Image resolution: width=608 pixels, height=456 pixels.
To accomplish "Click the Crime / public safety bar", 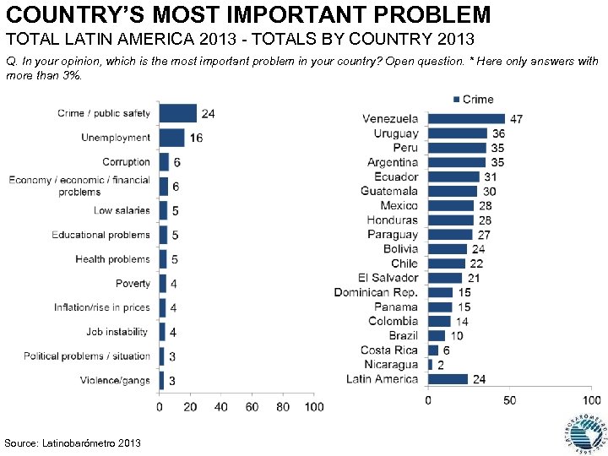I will click(178, 113).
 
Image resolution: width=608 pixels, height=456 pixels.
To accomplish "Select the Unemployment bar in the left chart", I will click(172, 138).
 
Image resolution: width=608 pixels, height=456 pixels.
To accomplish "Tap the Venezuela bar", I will click(466, 119).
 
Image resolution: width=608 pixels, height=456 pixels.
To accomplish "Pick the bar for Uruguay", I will click(458, 133).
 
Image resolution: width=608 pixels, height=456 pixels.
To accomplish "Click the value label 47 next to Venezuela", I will click(516, 119).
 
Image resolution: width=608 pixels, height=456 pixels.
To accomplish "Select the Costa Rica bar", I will click(434, 350).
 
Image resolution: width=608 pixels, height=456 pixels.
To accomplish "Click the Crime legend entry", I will click(474, 100).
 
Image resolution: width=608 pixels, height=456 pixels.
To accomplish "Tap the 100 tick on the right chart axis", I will click(589, 399).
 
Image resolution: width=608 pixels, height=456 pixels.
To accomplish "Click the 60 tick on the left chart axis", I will click(252, 408).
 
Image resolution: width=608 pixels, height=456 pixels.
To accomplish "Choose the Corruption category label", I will click(126, 162).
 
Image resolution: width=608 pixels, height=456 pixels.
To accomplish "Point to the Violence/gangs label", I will click(115, 381).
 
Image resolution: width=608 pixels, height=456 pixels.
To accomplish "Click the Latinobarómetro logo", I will click(584, 432).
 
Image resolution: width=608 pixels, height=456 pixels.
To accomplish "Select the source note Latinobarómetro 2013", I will click(73, 443).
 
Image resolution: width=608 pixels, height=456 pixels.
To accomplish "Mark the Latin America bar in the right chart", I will click(448, 379).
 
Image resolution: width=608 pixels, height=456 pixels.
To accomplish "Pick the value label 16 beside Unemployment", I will click(196, 138).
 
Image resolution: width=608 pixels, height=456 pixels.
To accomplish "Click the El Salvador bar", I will click(445, 278).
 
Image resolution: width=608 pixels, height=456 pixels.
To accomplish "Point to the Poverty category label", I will click(133, 284).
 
